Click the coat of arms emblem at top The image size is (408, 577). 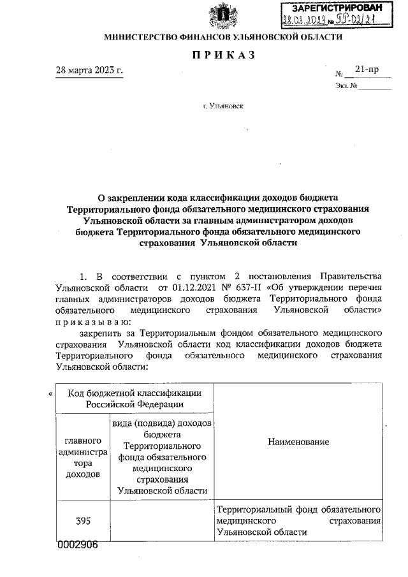[222, 15]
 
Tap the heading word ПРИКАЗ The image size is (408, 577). [223, 55]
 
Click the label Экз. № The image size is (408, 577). [345, 85]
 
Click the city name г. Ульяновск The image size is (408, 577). [223, 108]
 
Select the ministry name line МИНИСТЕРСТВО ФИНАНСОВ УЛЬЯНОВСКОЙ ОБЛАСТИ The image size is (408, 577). [223, 37]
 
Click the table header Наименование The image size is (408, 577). [298, 442]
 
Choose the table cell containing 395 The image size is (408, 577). [82, 521]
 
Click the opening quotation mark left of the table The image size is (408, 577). [50, 394]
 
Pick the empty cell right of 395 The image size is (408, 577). [163, 521]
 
